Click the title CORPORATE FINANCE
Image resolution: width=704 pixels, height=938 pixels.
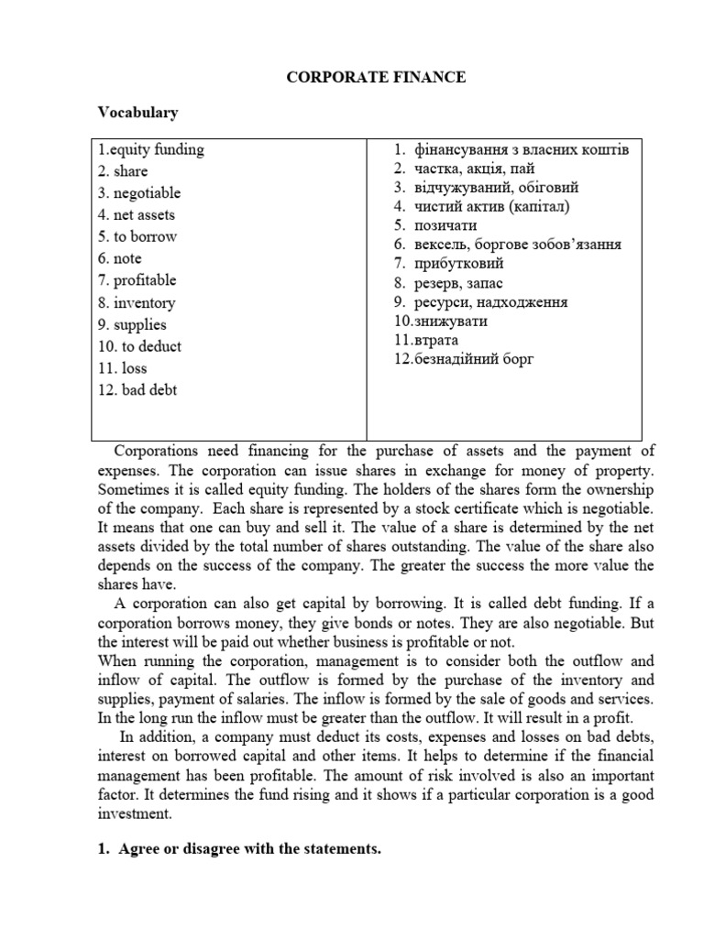point(376,78)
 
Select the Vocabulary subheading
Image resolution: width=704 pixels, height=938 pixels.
point(137,113)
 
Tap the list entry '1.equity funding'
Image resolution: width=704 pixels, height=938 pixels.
point(150,149)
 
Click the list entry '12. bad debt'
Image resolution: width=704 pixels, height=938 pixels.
point(137,390)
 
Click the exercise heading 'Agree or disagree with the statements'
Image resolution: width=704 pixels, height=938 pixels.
point(247,850)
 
